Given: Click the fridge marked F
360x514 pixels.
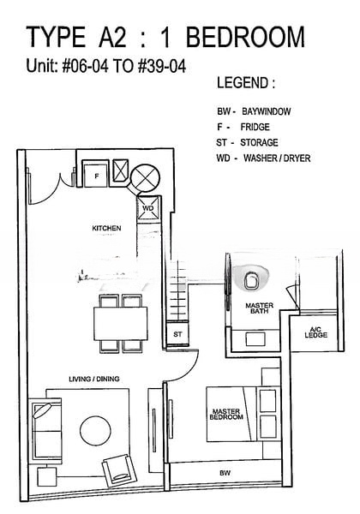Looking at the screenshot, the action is coord(96,174).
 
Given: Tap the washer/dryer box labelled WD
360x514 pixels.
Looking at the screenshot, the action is coord(148,208).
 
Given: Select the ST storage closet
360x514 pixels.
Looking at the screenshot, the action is coord(177,334).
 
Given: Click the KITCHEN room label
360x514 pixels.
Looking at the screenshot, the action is coord(106,228).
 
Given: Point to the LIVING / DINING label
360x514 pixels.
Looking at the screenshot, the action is coord(94,379).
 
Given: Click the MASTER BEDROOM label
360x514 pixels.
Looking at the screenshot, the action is coord(226,414).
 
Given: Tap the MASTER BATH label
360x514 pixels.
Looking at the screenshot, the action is coord(260,308).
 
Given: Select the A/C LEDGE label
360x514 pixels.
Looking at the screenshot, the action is coord(315,332).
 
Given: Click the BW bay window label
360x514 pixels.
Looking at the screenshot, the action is coord(225,473).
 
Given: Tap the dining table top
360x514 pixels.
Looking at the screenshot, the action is coord(120,323).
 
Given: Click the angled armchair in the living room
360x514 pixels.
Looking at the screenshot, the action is coord(120,470).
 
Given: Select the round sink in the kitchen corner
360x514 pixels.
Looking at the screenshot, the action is coord(145,178).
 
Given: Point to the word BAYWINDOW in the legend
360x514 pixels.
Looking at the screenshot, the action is coord(267,111).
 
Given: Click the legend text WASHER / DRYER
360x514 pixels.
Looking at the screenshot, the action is coord(277,158).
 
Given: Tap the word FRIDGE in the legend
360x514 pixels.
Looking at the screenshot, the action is coord(255,127).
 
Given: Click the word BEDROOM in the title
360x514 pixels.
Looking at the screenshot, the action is coord(246,37).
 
